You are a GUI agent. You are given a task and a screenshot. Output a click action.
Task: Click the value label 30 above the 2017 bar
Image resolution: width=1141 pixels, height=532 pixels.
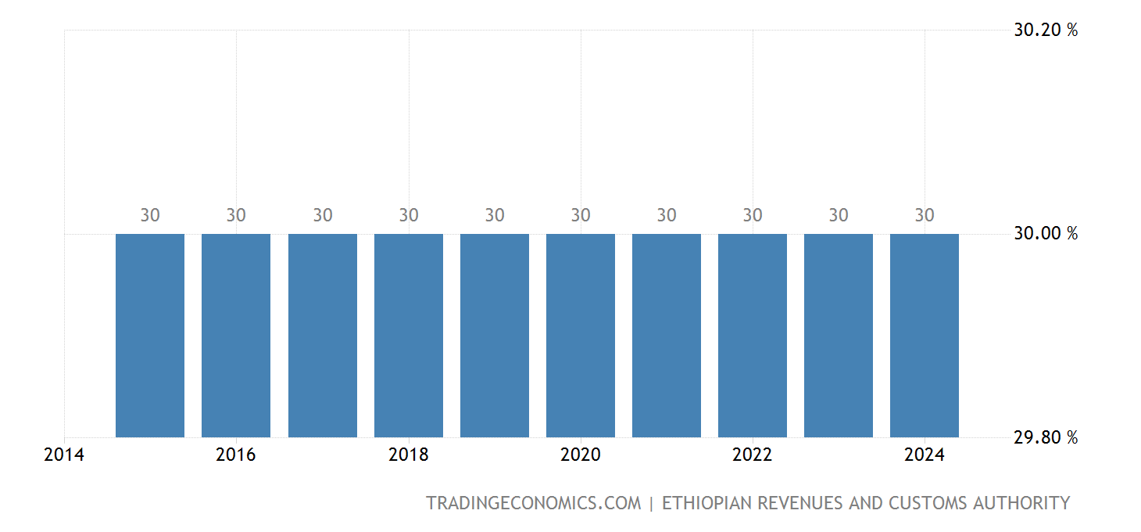point(323,215)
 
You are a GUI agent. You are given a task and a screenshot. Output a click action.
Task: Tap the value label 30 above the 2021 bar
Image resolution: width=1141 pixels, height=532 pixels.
point(667,215)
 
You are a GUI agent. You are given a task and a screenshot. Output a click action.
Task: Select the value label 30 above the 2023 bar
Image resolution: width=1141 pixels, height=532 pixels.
point(839,215)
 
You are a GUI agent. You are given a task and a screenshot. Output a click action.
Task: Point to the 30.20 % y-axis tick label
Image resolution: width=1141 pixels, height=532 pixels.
point(1046,31)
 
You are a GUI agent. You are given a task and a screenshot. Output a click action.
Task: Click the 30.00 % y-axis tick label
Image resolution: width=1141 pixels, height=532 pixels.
point(1046,233)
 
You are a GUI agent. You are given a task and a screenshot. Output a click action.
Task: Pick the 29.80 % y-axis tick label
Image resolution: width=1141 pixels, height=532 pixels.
point(1046,437)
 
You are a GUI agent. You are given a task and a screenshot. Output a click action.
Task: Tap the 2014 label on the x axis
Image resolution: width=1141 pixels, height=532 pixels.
point(64,455)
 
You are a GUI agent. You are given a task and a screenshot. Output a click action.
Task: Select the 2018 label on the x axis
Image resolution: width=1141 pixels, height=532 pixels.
point(409,455)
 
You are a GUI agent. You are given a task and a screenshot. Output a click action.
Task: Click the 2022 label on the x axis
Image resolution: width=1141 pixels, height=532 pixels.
point(753,455)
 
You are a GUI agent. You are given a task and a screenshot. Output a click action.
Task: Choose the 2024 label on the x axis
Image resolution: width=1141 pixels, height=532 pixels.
point(925,455)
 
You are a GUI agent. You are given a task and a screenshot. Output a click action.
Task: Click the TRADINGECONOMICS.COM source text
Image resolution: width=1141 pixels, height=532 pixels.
point(533,503)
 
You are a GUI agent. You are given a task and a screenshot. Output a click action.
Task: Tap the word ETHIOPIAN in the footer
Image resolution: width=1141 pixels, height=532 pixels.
point(709,503)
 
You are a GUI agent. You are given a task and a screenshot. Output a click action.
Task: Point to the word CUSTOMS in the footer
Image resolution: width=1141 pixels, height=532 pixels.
point(919,503)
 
